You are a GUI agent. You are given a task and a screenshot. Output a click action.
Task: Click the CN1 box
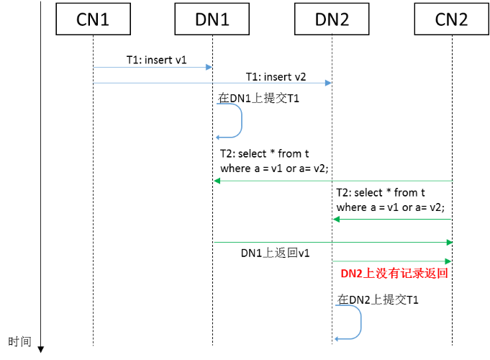93,19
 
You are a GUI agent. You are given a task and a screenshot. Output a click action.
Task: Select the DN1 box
212,19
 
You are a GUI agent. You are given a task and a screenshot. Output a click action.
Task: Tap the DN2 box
332,19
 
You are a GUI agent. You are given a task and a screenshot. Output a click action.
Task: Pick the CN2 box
451,19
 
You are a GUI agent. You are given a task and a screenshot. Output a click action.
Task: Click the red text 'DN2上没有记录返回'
394,274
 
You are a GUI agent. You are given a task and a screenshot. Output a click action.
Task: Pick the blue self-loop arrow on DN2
358,322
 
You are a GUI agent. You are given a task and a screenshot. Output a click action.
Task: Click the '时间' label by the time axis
19,341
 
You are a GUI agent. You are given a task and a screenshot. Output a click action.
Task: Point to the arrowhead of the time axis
41,349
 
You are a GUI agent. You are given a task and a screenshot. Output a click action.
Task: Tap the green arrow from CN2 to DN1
332,181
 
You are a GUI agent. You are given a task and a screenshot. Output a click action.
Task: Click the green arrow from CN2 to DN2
392,220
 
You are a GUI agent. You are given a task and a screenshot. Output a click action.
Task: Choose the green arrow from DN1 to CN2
332,243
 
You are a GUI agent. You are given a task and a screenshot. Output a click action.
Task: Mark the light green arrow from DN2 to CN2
392,261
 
